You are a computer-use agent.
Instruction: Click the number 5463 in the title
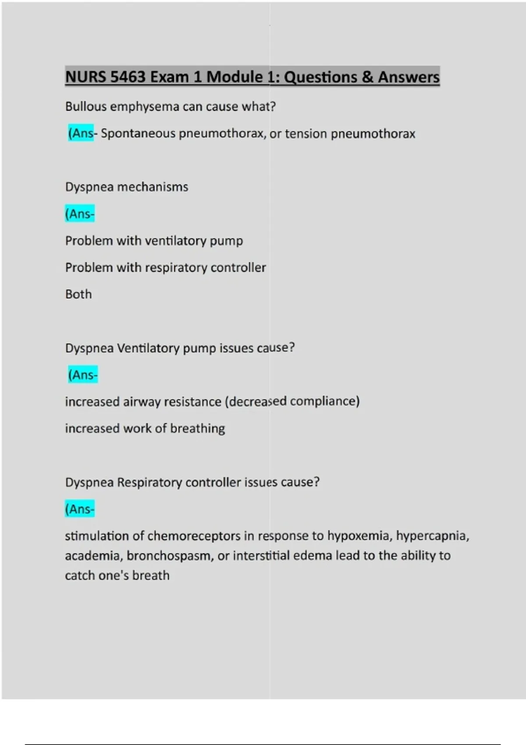point(128,77)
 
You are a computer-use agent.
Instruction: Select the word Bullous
point(86,106)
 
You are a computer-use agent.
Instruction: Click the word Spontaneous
point(138,134)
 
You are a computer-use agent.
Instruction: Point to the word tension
point(306,134)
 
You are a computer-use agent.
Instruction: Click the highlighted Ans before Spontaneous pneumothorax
point(81,133)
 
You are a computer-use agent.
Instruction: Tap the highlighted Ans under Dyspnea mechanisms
point(79,214)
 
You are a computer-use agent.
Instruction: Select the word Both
point(78,294)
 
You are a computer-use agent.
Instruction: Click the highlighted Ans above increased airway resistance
point(82,375)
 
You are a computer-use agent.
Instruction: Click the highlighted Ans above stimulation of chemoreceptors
point(79,509)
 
